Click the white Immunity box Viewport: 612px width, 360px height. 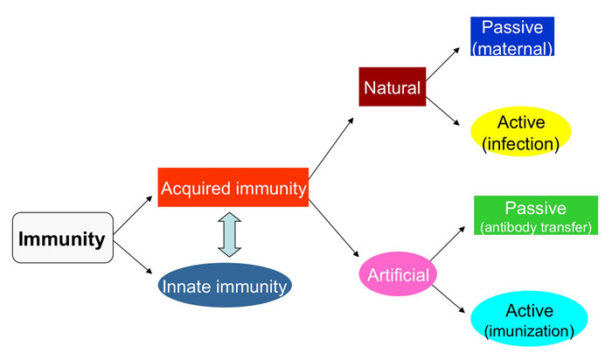[x=62, y=238]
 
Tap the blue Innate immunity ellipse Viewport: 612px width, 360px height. [x=225, y=285]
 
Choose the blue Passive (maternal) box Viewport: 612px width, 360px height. [x=511, y=37]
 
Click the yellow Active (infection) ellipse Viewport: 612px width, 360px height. [x=520, y=131]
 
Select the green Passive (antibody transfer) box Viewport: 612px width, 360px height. [x=534, y=216]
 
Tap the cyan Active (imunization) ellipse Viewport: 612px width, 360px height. [x=529, y=320]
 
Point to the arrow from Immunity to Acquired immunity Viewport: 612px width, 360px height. [x=135, y=214]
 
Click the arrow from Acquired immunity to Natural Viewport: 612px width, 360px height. [x=331, y=146]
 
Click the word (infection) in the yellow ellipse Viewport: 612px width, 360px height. [x=520, y=143]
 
